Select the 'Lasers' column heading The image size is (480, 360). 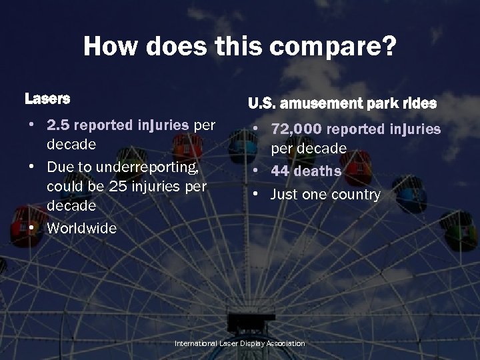(47, 99)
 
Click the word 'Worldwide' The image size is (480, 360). (81, 228)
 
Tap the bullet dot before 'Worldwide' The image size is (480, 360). (32, 228)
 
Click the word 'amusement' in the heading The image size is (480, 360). (321, 104)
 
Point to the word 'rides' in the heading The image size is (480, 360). (419, 104)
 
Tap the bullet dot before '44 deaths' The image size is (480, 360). (257, 171)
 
